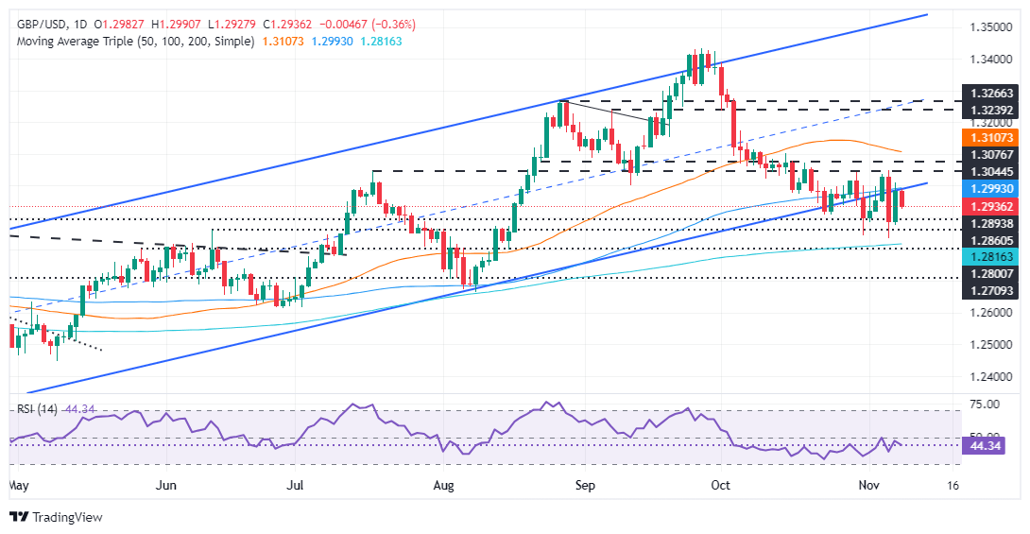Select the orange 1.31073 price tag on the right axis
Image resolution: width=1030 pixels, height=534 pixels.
(989, 138)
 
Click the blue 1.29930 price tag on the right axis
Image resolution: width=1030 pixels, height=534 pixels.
(989, 189)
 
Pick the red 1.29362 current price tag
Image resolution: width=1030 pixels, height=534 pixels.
(989, 206)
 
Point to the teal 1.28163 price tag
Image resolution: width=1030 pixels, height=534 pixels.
(989, 256)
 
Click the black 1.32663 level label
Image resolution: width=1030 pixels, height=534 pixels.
(989, 93)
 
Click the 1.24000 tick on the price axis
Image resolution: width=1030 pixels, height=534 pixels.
(989, 376)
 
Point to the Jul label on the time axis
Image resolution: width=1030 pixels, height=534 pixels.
(296, 485)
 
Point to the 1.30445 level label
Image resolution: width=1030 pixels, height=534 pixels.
(989, 171)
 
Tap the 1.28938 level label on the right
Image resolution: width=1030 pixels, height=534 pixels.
(989, 221)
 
